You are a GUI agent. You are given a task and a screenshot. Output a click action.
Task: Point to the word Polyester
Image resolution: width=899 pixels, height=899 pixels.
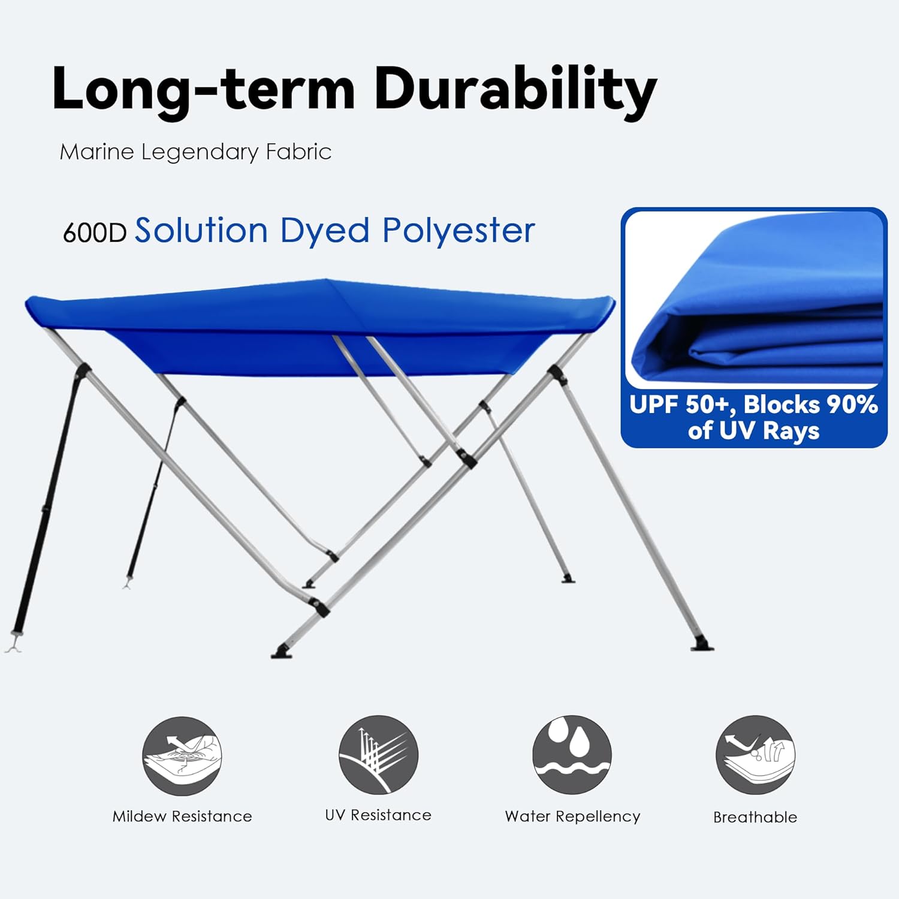tap(458, 231)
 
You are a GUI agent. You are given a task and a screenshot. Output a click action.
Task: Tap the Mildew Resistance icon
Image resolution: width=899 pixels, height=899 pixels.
tap(182, 756)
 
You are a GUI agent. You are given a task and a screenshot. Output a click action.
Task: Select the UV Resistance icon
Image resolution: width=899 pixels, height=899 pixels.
tap(378, 755)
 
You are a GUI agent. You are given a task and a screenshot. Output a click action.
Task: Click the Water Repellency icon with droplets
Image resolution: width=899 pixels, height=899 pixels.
tap(572, 755)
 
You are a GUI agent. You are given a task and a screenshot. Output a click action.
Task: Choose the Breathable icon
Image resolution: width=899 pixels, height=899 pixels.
tap(755, 755)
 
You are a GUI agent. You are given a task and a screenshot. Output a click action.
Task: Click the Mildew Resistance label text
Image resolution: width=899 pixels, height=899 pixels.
tap(182, 816)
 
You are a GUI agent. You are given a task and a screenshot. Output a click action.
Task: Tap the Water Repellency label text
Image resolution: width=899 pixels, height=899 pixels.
tap(572, 816)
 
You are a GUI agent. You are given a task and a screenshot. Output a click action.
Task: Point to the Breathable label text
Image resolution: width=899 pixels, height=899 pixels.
tap(755, 817)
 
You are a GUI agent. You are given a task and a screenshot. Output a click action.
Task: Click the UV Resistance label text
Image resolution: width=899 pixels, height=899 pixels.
tap(378, 815)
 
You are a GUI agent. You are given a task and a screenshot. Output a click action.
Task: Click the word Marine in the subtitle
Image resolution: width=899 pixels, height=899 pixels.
tap(96, 152)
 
